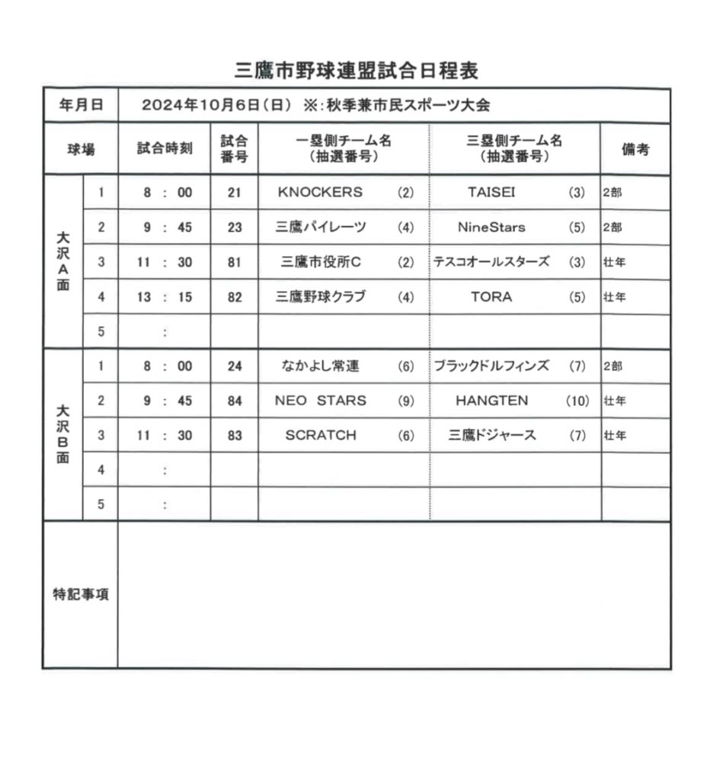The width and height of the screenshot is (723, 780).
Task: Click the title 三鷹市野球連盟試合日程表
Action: point(357,72)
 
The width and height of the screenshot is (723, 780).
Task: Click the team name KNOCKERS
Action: point(320,193)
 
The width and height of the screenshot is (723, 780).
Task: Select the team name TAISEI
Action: point(491,193)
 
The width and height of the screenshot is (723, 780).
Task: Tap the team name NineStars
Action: point(491,227)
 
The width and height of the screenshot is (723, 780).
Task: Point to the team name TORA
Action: point(491,297)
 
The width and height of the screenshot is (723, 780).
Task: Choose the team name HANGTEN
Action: point(491,401)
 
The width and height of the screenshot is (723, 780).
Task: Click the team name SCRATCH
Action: point(320,436)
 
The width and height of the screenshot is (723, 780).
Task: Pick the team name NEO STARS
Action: point(320,401)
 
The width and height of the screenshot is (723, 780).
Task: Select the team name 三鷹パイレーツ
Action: point(323,227)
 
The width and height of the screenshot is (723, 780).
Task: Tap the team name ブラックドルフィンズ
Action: point(491,366)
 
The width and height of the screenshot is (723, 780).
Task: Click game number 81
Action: point(234,263)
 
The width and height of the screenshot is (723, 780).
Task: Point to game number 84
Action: point(234,401)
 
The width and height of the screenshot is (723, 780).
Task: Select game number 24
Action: point(234,366)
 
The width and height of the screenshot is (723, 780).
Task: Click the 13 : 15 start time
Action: point(165,297)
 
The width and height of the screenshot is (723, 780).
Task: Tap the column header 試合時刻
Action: point(165,149)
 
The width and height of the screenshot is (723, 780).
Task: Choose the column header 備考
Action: point(635,149)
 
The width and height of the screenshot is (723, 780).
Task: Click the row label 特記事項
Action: point(80,595)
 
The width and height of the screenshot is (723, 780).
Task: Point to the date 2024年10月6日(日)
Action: point(216,106)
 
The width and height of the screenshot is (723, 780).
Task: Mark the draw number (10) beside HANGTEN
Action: point(577,401)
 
